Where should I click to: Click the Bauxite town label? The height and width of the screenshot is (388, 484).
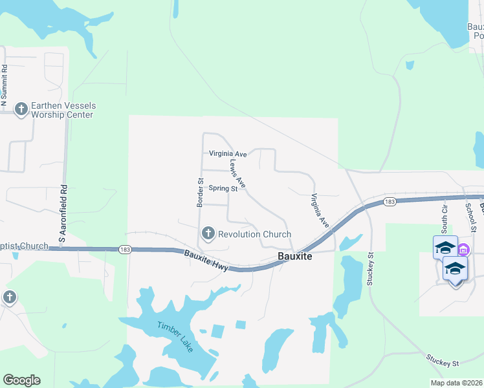click(295, 257)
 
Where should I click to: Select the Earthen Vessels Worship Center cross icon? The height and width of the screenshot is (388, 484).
click(21, 109)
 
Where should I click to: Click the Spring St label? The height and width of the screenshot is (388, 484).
click(223, 189)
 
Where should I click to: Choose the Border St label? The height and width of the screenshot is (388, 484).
click(200, 193)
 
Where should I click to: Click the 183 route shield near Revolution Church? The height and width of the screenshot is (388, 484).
click(126, 249)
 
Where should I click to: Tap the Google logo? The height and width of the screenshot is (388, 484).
click(21, 380)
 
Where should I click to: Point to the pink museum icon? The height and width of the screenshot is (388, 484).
click(464, 250)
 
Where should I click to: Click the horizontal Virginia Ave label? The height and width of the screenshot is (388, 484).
click(228, 154)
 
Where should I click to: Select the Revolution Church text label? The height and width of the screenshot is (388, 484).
click(255, 234)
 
